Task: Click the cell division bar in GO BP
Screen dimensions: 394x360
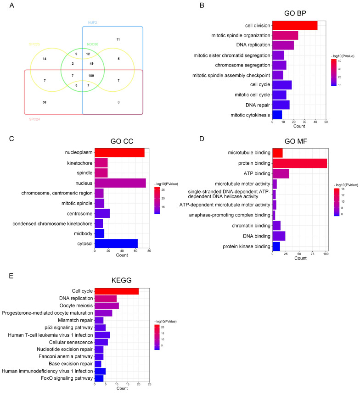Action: [295, 26]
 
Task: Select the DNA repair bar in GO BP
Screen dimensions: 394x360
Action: [281, 105]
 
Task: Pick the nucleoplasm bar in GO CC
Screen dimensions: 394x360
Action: [119, 153]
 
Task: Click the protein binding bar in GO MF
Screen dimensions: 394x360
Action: [299, 163]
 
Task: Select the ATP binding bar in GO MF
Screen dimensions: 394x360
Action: [281, 174]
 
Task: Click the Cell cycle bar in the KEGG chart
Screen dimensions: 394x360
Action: [117, 291]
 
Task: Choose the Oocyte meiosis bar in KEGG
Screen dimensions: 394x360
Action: [107, 305]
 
